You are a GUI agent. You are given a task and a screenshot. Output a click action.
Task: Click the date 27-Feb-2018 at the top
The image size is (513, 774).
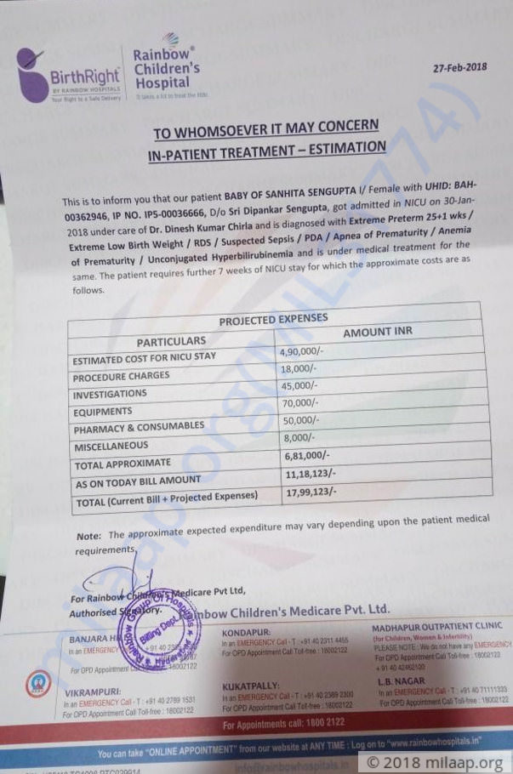459,67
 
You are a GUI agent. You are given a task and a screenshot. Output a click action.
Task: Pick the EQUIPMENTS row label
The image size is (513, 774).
103,412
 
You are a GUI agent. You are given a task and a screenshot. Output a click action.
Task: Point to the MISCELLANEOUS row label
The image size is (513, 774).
111,446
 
